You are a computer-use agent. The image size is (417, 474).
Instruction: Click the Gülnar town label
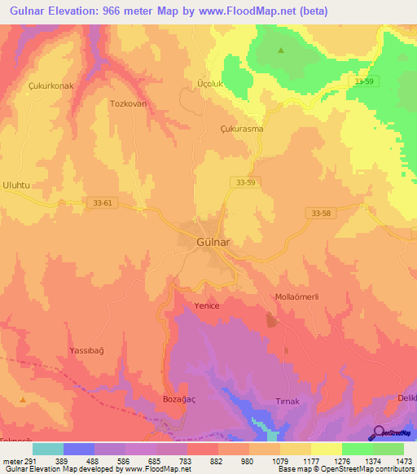tap(217, 242)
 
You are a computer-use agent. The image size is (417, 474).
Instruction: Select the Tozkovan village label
tap(127, 104)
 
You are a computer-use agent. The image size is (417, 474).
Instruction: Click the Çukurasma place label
tap(243, 129)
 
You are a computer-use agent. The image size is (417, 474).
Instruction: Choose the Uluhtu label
tap(16, 186)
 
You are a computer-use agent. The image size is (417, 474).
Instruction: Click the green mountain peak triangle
tap(281, 50)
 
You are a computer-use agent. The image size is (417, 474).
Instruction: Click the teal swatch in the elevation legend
tap(48, 449)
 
